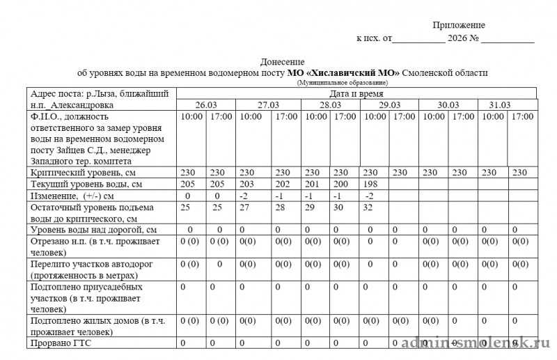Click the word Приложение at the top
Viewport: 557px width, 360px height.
(x=459, y=25)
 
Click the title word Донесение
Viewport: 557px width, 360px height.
(x=282, y=62)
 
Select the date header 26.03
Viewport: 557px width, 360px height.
(x=206, y=104)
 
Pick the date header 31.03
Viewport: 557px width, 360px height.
(x=499, y=104)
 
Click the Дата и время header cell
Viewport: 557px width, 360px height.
(x=355, y=93)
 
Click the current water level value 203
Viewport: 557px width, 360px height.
(x=247, y=185)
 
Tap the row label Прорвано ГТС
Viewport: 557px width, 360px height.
(x=61, y=343)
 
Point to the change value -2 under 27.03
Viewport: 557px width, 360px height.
(x=243, y=196)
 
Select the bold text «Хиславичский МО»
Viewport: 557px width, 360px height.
(x=354, y=72)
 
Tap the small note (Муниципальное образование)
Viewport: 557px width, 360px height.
(x=343, y=83)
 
